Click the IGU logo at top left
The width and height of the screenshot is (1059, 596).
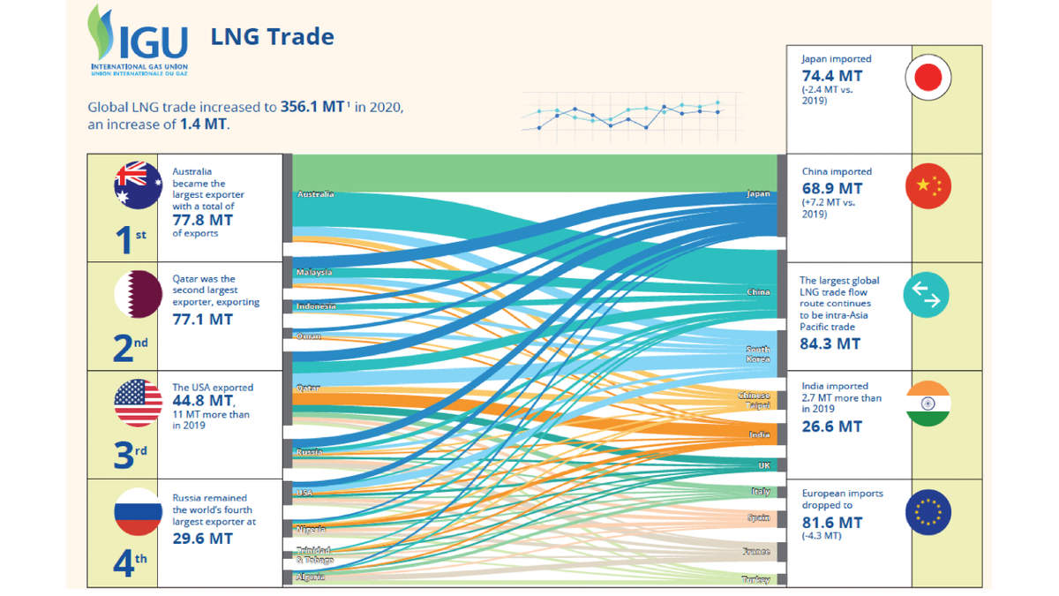138,41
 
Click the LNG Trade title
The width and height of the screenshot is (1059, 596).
272,36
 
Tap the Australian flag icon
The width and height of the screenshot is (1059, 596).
139,185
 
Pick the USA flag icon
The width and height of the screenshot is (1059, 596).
139,403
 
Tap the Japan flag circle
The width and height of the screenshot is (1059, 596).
928,78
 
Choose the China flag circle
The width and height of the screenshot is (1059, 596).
928,186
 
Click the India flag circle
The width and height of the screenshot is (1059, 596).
928,404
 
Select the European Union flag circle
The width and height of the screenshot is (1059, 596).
928,512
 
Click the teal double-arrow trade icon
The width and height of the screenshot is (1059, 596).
927,295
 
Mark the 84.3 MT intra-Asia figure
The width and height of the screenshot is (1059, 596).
830,343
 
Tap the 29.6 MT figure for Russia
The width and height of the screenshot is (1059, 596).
202,538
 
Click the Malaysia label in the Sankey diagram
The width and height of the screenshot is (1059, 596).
315,272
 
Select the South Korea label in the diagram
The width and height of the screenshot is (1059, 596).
757,354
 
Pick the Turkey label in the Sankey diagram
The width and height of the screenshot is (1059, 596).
756,580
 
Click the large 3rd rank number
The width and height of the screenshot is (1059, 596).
130,454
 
